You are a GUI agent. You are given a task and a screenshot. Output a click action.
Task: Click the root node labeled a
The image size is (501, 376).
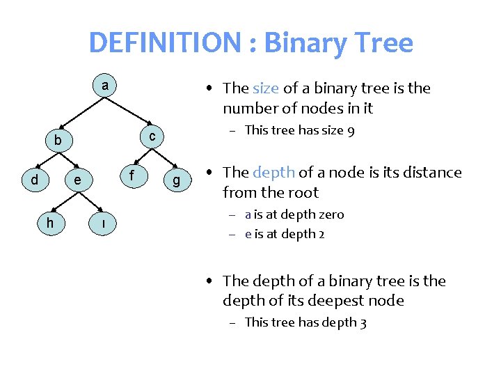coord(104,86)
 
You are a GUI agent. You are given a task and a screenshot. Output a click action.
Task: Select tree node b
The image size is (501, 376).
coord(58,142)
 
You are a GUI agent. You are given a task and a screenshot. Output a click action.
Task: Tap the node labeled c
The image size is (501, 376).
coord(152,134)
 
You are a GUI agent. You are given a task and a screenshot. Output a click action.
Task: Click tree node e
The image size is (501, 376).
coord(79,181)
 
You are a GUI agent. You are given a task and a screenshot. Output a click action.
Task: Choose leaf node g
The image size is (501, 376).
coord(177,181)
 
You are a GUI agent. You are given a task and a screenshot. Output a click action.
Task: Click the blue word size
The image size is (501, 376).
coord(265,88)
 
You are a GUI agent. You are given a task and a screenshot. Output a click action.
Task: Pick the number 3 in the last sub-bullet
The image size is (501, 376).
coord(363,322)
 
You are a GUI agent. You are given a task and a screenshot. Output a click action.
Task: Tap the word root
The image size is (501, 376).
coord(303,192)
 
